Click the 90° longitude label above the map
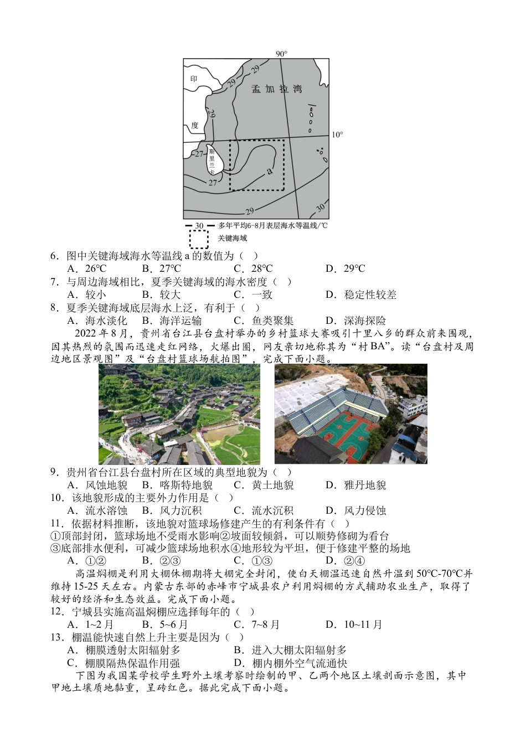pyautogui.click(x=281, y=54)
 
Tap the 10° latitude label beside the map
pyautogui.click(x=337, y=135)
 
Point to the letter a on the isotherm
pyautogui.click(x=270, y=170)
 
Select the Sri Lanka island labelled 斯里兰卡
pyautogui.click(x=214, y=161)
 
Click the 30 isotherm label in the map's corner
pyautogui.click(x=319, y=207)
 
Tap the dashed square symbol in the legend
pyautogui.click(x=199, y=239)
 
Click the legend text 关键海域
pyautogui.click(x=233, y=239)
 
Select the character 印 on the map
pyautogui.click(x=194, y=79)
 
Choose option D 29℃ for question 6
pyautogui.click(x=345, y=269)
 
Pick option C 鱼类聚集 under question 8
pyautogui.click(x=264, y=321)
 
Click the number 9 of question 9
pyautogui.click(x=54, y=472)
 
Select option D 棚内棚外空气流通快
pyautogui.click(x=291, y=663)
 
